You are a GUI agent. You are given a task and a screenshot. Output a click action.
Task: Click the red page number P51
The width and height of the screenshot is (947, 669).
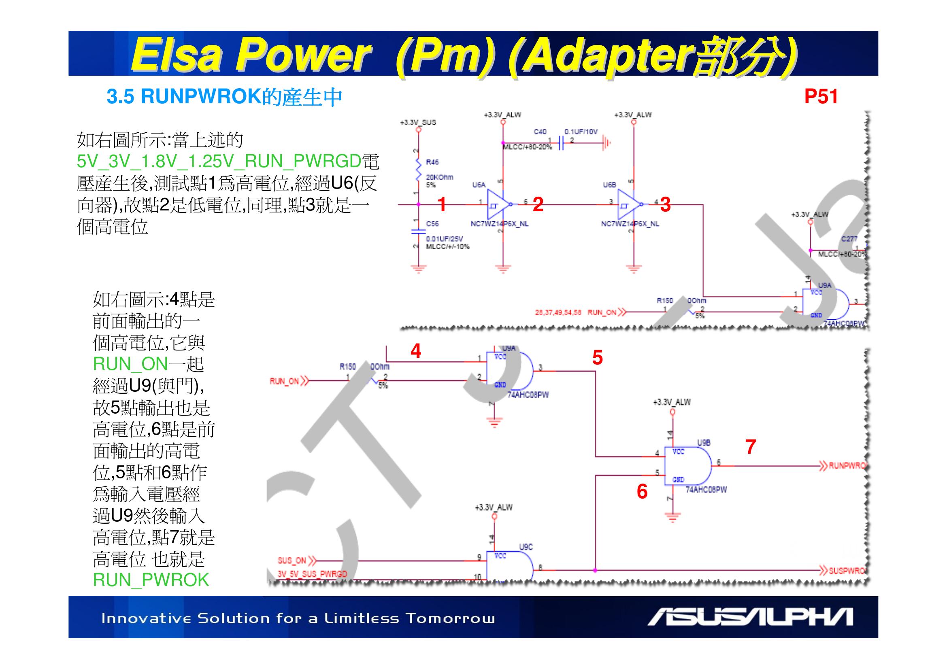[x=820, y=97]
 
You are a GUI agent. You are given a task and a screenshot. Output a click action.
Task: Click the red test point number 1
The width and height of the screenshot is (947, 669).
[x=442, y=204]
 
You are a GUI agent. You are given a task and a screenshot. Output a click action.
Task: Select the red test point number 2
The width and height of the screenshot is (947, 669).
[x=538, y=205]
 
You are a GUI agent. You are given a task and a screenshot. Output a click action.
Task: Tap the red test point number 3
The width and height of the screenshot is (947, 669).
[x=665, y=205]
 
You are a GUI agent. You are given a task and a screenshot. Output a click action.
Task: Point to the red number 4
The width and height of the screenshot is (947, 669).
[x=416, y=351]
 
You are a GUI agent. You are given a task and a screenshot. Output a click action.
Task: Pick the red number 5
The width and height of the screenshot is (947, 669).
[x=597, y=357]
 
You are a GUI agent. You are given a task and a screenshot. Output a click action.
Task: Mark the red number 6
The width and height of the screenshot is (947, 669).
[x=642, y=491]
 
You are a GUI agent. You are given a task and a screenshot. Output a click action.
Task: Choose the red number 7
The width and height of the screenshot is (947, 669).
[x=750, y=447]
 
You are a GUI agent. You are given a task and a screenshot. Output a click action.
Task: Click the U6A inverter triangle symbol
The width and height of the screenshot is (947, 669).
[x=498, y=204]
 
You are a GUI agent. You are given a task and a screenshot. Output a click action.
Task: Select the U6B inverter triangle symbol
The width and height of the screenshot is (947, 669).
[x=628, y=204]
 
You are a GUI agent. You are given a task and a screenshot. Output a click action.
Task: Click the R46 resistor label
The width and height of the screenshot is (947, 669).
[x=432, y=162]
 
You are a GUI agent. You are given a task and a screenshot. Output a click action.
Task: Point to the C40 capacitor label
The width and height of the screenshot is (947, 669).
[x=540, y=132]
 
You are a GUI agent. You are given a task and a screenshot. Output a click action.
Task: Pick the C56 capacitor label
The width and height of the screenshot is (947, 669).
[x=432, y=224]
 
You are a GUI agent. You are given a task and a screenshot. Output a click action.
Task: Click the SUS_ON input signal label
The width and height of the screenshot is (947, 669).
[x=292, y=561]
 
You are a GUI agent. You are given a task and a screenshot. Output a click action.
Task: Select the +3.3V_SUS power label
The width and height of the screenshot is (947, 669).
[x=418, y=122]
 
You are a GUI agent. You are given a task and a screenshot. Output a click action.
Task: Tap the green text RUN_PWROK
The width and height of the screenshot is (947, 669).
[x=151, y=580]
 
